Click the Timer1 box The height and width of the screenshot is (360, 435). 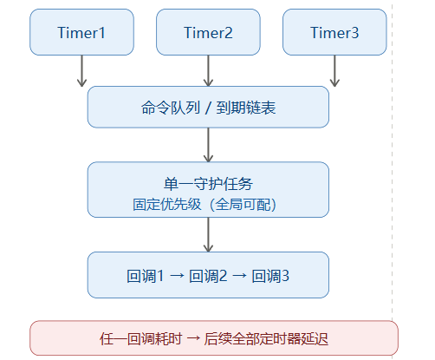[81, 32]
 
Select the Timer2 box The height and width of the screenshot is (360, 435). [208, 32]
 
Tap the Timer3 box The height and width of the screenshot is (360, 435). [334, 32]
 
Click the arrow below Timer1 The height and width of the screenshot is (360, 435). [82, 71]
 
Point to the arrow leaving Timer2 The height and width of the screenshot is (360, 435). [208, 71]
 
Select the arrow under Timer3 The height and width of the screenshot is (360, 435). [334, 71]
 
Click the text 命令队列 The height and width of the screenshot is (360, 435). [171, 108]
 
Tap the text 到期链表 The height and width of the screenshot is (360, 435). [246, 108]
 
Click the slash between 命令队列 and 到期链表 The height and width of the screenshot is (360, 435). [208, 108]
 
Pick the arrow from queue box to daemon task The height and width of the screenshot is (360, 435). [208, 145]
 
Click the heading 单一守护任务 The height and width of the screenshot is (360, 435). [208, 184]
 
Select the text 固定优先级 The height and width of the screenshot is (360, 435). [167, 205]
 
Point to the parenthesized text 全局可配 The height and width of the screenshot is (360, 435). [243, 205]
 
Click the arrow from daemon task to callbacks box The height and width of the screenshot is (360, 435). [208, 235]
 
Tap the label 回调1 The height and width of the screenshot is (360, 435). [146, 276]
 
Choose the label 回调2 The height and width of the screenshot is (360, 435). [208, 276]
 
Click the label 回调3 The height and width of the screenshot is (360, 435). [270, 276]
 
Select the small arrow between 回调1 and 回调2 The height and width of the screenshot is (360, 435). [177, 276]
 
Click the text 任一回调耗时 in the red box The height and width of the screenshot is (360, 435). [141, 338]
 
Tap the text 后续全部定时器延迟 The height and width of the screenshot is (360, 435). [266, 338]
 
